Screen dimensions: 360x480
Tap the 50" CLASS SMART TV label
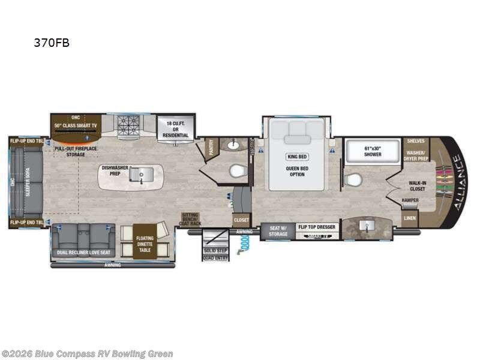click(76, 125)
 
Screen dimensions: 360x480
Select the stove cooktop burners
click(127, 124)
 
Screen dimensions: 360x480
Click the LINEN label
click(410, 218)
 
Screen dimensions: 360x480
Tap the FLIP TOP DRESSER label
click(317, 227)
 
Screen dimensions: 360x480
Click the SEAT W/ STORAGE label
click(278, 231)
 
